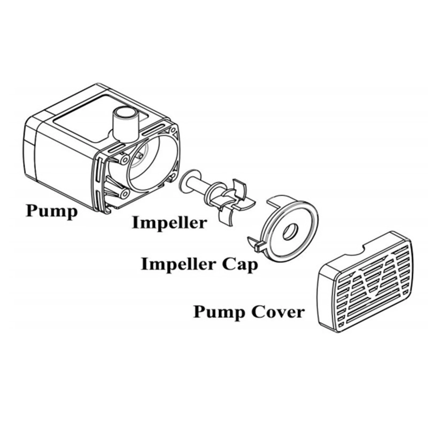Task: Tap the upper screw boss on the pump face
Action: (124, 160)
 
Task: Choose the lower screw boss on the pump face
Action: (124, 193)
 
